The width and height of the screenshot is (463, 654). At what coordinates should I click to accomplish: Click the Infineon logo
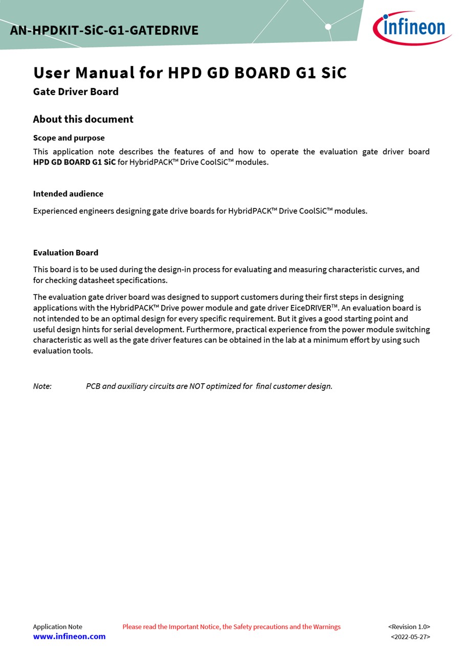click(412, 28)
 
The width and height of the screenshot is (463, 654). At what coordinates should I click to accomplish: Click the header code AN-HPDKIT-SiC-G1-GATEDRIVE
click(104, 31)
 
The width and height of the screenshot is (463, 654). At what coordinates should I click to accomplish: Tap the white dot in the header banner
click(328, 27)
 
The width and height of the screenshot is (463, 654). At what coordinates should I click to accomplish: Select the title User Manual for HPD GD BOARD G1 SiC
click(190, 73)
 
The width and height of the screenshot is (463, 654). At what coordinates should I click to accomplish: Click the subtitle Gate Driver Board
click(76, 92)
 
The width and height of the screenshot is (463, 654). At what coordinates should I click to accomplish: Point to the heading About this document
click(83, 119)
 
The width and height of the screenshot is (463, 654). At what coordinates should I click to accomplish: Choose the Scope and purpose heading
click(69, 138)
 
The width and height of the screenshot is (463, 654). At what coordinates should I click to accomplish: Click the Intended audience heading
click(68, 194)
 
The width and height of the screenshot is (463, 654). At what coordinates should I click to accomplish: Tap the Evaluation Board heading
click(65, 252)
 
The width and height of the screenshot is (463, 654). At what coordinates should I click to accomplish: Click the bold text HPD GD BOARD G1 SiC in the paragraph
click(74, 162)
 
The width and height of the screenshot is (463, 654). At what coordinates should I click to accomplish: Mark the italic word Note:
click(42, 386)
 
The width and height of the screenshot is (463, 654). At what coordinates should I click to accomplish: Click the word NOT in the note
click(197, 386)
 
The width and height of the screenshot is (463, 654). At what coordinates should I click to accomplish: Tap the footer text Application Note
click(57, 627)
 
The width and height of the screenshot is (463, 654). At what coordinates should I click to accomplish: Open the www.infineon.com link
click(69, 637)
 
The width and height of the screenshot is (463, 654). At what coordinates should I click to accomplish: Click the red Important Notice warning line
click(231, 627)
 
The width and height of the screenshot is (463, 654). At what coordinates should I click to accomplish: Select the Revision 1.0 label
click(409, 627)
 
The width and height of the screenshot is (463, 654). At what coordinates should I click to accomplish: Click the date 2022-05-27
click(410, 637)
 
